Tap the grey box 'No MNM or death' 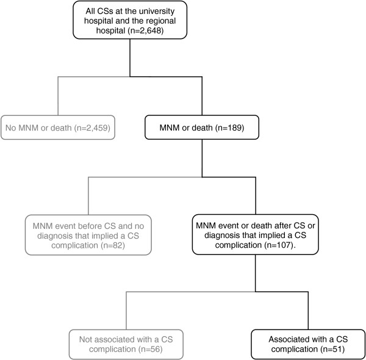click(57, 128)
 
